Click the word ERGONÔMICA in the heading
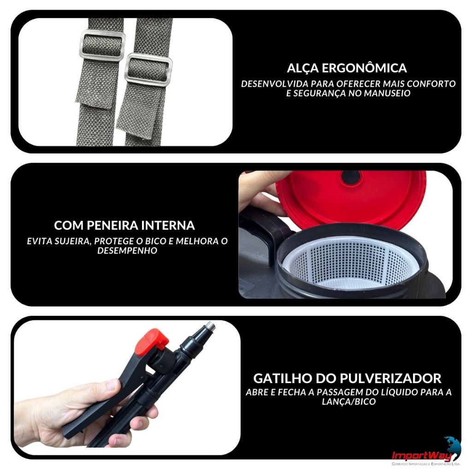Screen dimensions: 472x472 [x=364, y=68]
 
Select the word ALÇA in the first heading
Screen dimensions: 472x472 [x=302, y=69]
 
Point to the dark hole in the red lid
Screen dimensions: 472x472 [x=351, y=177]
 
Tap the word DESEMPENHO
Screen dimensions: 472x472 [x=127, y=250]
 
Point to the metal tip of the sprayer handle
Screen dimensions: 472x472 [x=210, y=326]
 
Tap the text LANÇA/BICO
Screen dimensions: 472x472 [x=349, y=401]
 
